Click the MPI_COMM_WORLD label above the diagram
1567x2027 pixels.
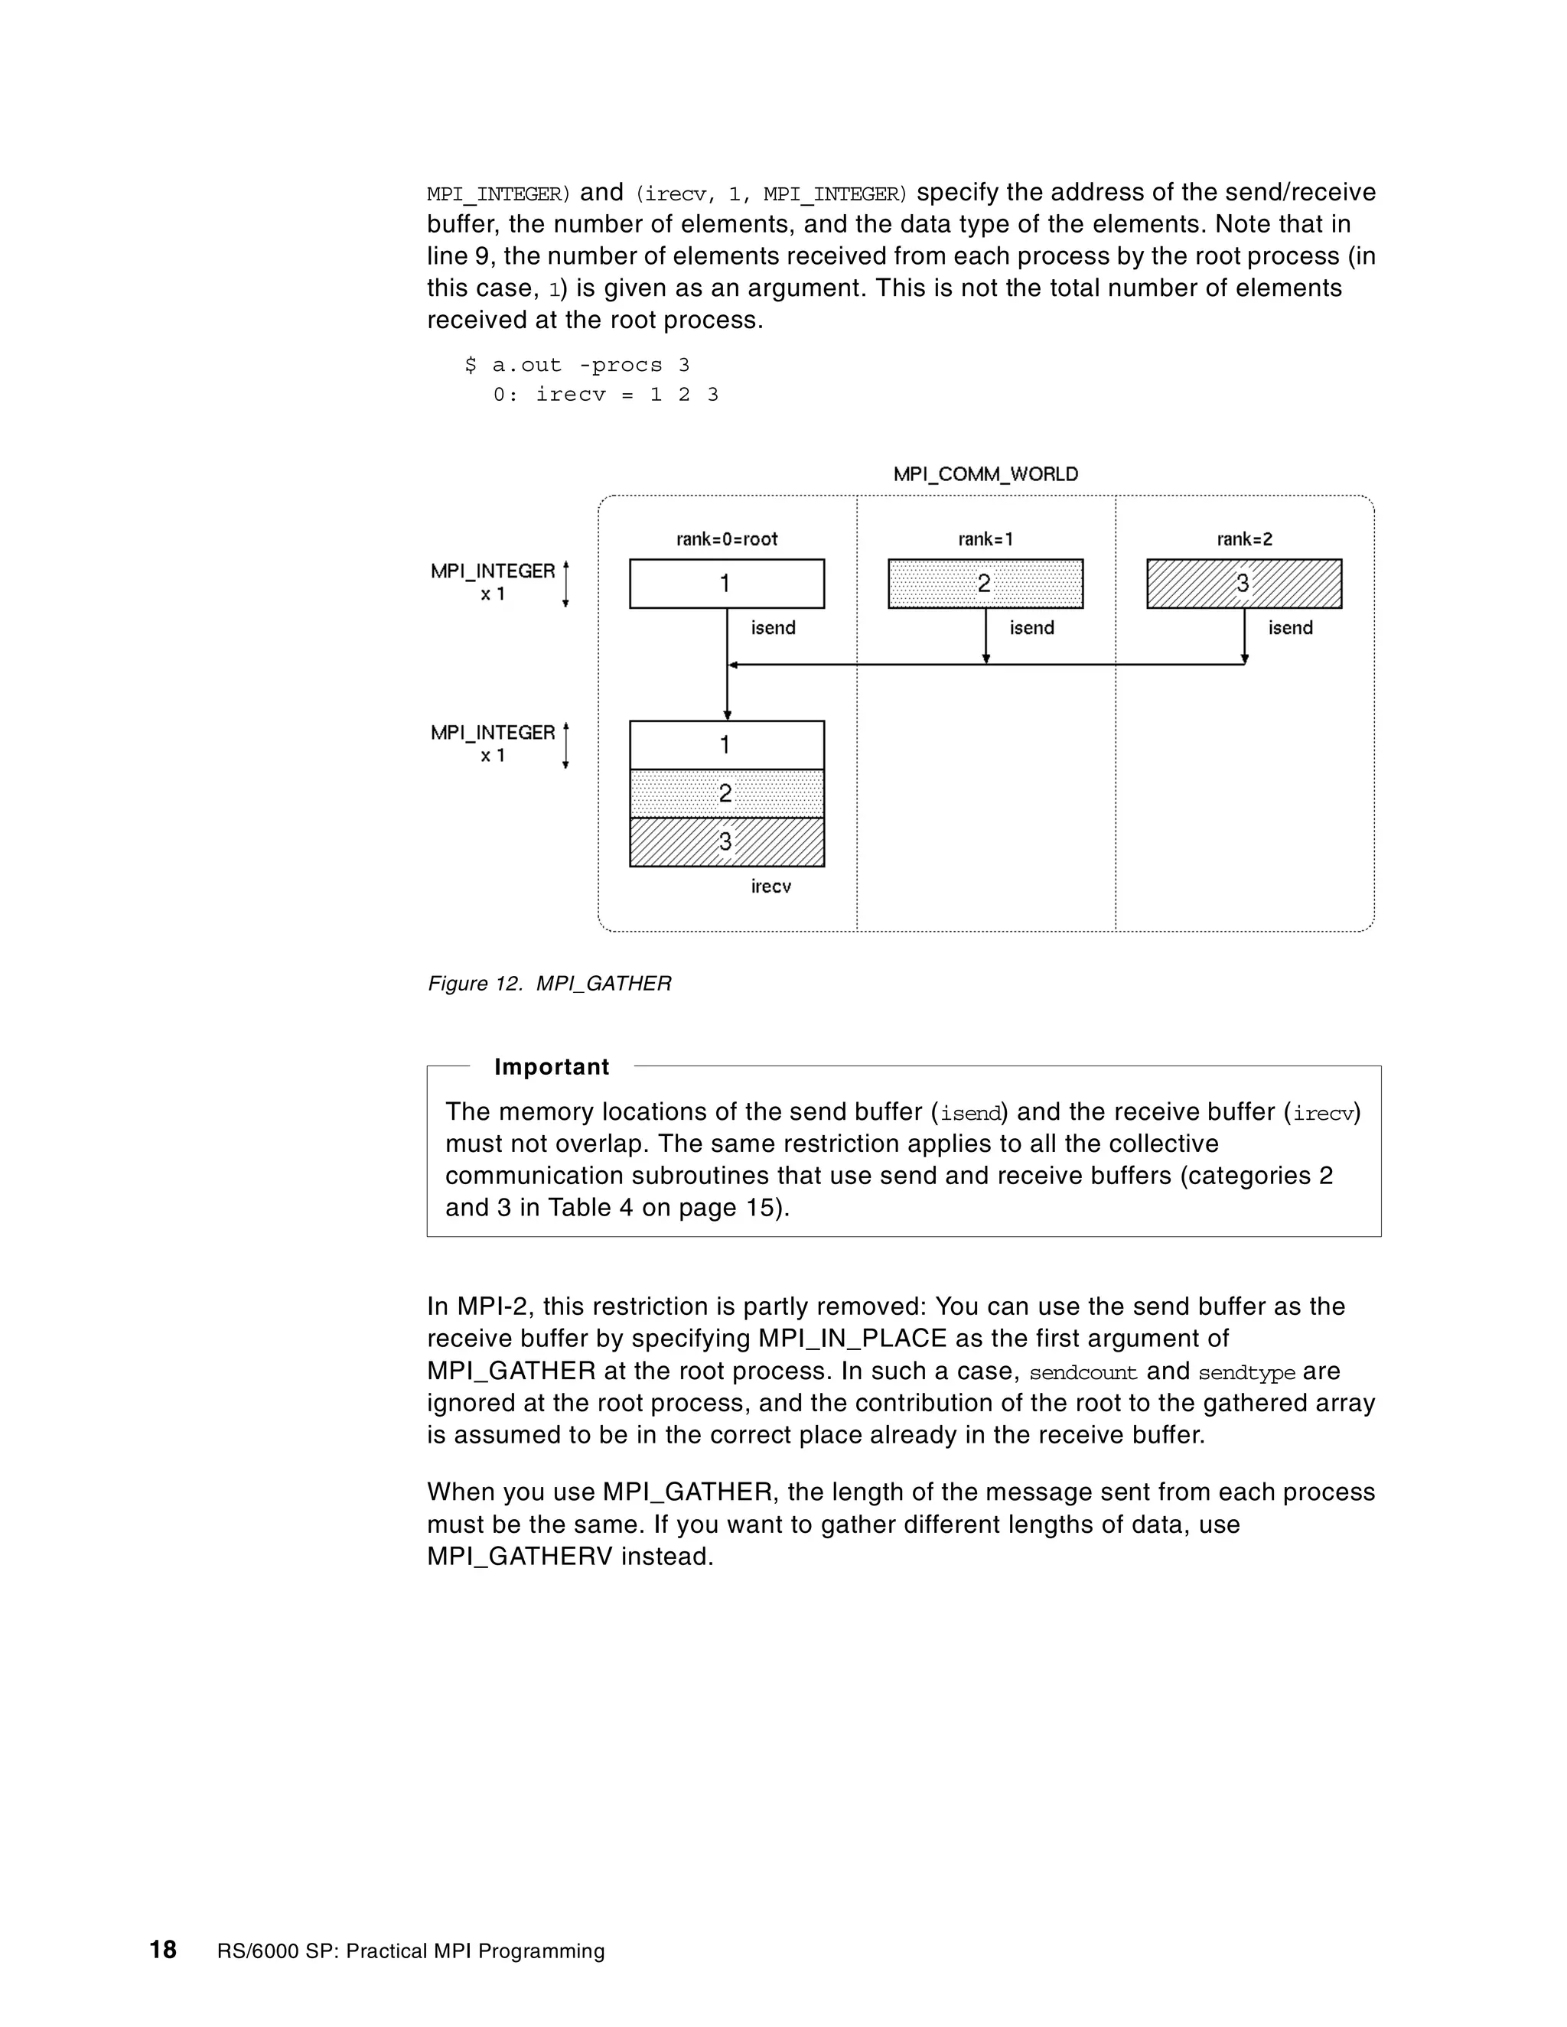985,474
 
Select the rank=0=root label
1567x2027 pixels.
727,539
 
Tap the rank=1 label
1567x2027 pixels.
985,539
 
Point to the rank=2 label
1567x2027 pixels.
1244,539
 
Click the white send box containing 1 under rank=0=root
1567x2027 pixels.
727,584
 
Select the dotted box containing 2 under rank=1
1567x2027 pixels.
985,584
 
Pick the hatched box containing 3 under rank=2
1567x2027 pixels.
1244,584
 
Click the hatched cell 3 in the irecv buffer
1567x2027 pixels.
727,843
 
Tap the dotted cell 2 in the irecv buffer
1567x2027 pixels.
727,793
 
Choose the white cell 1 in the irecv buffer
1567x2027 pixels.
727,745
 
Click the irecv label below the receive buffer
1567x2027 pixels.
770,887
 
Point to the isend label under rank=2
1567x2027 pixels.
1290,628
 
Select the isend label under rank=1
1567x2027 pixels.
1031,628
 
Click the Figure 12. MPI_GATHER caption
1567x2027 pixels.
549,984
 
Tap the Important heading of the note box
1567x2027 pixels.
552,1067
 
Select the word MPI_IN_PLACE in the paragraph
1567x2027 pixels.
852,1339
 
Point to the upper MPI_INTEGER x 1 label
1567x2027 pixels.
493,582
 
